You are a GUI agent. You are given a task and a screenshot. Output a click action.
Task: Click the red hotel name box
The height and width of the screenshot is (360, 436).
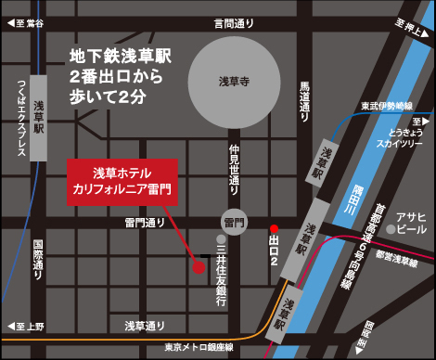122,181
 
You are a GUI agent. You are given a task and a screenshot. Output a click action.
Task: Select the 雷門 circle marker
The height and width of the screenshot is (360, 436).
234,223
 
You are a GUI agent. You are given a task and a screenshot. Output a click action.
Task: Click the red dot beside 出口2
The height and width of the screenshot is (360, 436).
274,228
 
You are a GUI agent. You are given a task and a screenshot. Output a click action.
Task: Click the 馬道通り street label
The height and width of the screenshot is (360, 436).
303,101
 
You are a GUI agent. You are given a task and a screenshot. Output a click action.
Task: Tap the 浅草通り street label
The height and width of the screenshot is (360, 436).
145,326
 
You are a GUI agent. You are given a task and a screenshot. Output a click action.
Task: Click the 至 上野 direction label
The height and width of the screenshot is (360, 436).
27,327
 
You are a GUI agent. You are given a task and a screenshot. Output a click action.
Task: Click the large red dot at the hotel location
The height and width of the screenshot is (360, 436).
198,267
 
